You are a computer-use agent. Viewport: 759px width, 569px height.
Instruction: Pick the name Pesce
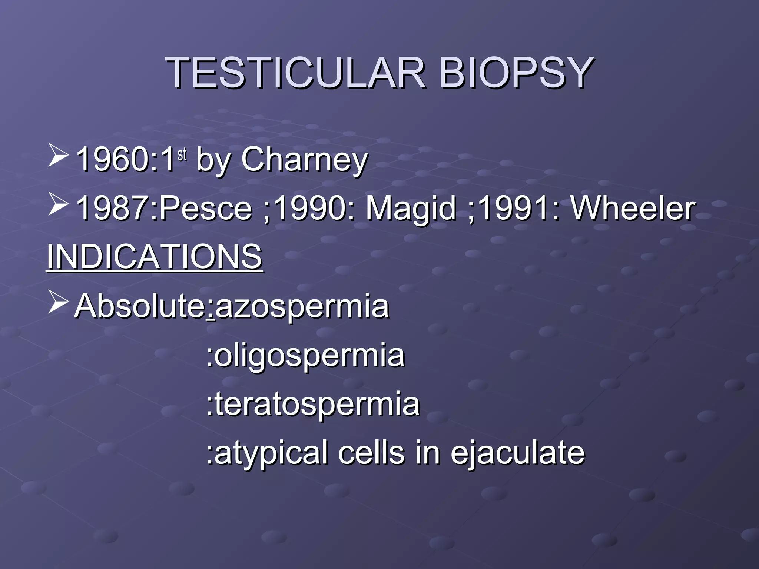click(x=206, y=208)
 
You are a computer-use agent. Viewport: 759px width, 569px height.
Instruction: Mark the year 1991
click(x=513, y=208)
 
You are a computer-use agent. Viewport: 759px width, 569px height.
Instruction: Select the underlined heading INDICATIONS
click(x=155, y=257)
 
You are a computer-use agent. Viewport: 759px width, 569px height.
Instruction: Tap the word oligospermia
click(x=309, y=355)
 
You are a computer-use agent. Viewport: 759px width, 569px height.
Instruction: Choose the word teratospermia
click(x=317, y=404)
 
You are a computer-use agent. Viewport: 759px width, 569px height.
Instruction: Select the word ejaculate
click(x=517, y=453)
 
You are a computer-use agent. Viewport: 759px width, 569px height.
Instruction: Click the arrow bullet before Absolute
click(x=58, y=303)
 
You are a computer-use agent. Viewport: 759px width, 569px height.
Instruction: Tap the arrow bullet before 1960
click(x=58, y=156)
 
